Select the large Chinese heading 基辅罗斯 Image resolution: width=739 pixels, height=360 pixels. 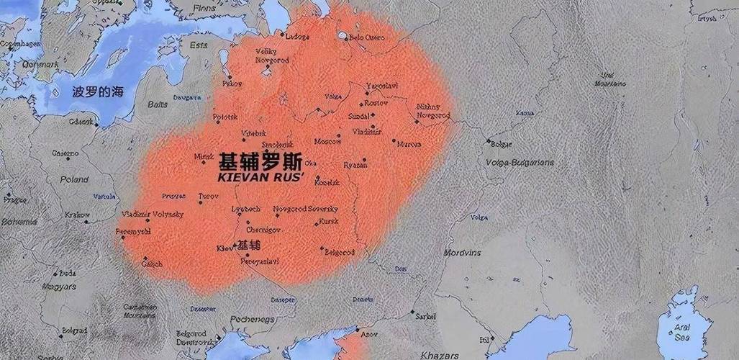[260, 160]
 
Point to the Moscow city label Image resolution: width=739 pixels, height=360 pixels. [327, 141]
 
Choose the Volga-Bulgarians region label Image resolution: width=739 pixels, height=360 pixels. [520, 163]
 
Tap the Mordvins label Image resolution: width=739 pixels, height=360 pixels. [461, 253]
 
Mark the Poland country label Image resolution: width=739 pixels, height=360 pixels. [74, 179]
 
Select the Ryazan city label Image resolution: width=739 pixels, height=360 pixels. [355, 165]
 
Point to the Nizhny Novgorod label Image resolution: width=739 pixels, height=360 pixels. [433, 111]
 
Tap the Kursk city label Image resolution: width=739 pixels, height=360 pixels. [328, 221]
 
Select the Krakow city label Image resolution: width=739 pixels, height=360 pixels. [77, 215]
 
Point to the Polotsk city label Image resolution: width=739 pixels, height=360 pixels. [225, 117]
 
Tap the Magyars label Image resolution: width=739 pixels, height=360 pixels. [60, 287]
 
